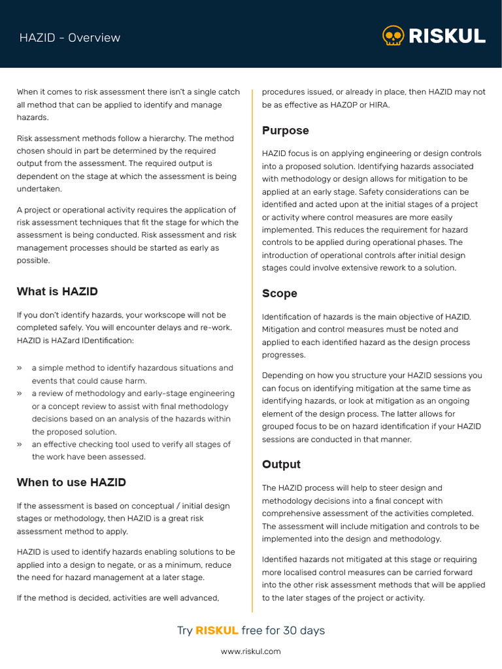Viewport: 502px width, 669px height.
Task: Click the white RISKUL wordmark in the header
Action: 446,36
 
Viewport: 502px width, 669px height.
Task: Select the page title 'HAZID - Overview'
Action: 69,38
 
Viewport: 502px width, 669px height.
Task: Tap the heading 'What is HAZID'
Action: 57,291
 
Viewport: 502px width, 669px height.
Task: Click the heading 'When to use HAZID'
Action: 71,482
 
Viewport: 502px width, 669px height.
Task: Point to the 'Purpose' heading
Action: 285,131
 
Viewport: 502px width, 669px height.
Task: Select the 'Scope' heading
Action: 279,293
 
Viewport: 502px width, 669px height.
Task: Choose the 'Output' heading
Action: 281,465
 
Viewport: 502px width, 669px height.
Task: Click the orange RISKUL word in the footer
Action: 216,630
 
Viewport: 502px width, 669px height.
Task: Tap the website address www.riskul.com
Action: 250,651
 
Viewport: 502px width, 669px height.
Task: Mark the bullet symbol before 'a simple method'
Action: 20,368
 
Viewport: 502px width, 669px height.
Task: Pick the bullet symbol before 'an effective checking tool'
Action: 20,444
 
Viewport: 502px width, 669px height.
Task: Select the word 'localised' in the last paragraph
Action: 303,572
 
